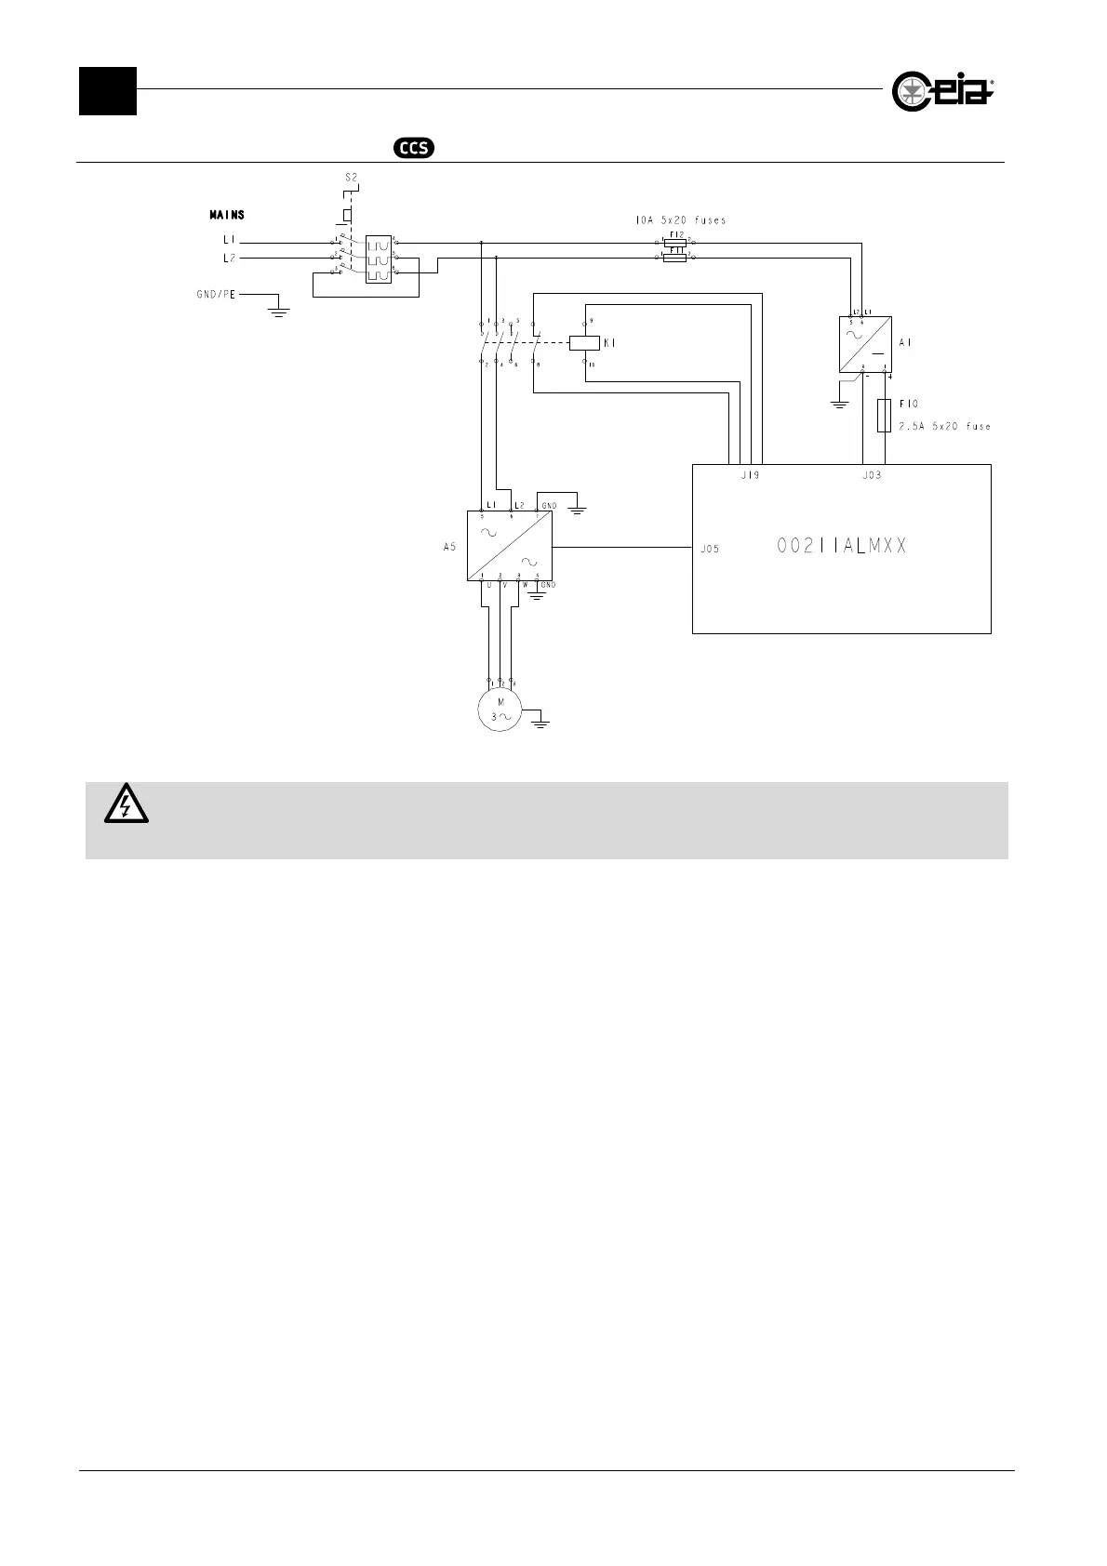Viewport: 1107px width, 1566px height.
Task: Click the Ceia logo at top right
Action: coord(942,91)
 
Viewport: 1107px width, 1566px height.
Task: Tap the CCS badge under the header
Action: coord(415,147)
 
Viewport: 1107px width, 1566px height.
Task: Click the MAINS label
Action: coord(227,215)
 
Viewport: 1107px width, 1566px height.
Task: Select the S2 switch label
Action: coord(352,177)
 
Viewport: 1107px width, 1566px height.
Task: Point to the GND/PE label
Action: coord(215,294)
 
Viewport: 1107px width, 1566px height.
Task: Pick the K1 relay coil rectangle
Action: coord(583,342)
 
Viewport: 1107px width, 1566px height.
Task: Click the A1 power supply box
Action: coord(865,345)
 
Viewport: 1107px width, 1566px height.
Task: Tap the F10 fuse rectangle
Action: coord(885,417)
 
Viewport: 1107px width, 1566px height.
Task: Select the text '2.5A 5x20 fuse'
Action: coord(944,427)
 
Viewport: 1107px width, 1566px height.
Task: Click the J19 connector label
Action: coord(750,475)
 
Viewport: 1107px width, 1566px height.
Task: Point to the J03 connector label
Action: coord(872,475)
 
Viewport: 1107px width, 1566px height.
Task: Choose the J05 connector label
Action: coord(710,549)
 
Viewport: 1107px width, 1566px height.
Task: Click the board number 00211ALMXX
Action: coord(841,547)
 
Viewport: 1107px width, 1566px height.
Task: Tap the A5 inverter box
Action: coord(509,545)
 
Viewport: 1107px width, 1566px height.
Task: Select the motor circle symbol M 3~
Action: coord(500,710)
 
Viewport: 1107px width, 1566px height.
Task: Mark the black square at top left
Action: coord(108,91)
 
